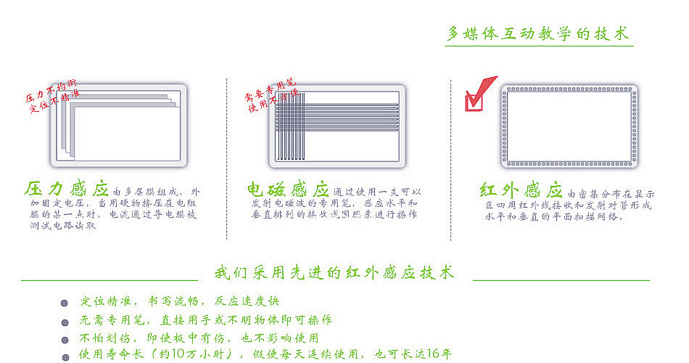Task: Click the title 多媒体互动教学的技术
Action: point(537,34)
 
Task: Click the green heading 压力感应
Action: point(66,189)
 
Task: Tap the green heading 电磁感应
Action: point(288,190)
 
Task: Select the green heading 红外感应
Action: point(521,191)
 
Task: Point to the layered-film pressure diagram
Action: point(120,126)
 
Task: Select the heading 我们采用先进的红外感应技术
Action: point(335,273)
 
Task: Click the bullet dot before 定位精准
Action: point(65,303)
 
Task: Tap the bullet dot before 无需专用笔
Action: point(65,321)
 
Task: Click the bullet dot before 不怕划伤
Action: point(65,339)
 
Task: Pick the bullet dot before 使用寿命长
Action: point(65,356)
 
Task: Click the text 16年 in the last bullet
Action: point(440,355)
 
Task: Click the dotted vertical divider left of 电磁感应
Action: point(227,160)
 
